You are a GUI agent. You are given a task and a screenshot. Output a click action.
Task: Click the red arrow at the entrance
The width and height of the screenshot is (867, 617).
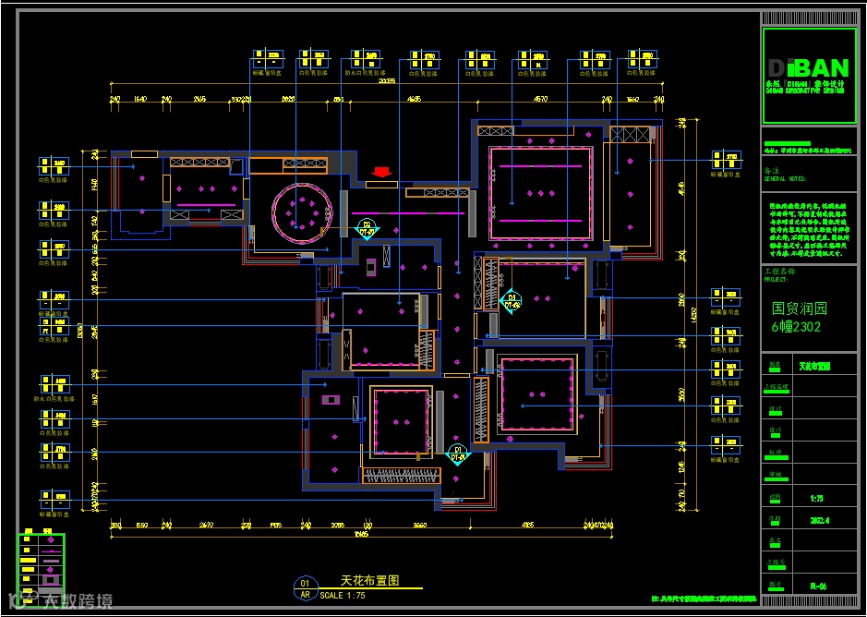[381, 172]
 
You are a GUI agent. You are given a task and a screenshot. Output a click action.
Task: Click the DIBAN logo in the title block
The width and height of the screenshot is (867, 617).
[807, 68]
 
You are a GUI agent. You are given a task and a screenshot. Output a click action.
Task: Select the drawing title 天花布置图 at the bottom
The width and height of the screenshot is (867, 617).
[369, 581]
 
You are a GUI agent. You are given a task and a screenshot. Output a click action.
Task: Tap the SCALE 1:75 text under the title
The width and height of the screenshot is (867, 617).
[343, 596]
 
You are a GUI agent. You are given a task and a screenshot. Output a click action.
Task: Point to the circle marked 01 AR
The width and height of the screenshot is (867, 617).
[305, 589]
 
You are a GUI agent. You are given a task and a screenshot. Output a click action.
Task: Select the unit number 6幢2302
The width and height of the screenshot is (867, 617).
[796, 327]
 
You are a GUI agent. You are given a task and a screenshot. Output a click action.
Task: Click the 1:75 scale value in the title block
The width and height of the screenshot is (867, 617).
[817, 498]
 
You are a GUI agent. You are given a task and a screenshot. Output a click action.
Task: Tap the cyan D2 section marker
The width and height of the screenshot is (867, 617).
[367, 228]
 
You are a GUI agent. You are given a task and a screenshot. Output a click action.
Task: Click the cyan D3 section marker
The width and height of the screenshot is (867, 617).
[512, 300]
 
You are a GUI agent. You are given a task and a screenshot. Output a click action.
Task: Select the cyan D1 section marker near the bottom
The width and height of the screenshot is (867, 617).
[457, 453]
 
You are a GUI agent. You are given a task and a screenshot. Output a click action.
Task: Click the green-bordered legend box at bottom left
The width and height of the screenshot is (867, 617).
[42, 565]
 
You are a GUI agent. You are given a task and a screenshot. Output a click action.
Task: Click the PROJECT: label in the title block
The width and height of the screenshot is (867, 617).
[777, 278]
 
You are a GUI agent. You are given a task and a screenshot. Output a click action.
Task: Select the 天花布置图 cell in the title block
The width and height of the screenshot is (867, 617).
[813, 367]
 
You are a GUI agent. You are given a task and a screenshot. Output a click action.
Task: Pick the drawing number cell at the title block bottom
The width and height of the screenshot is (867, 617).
[817, 585]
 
